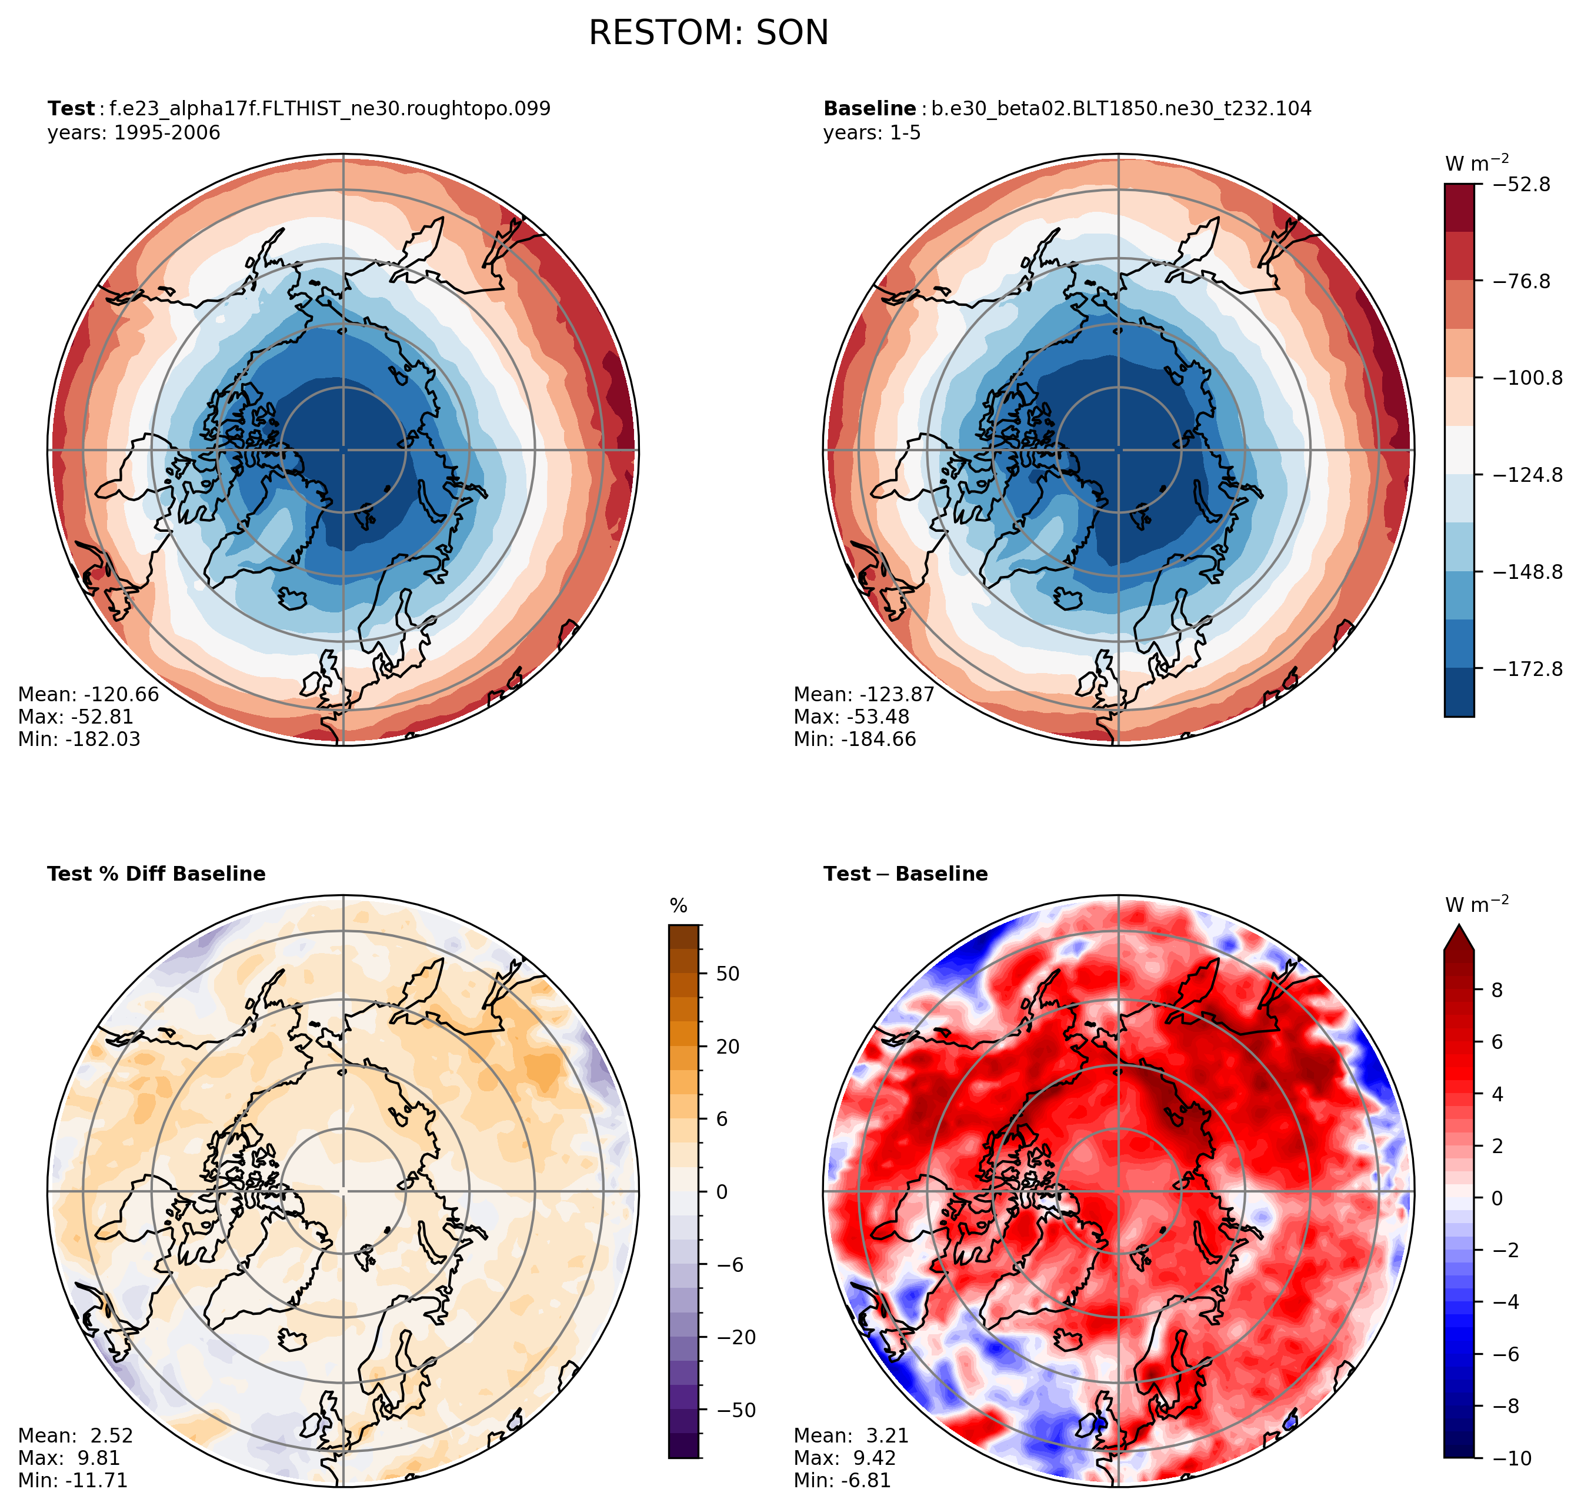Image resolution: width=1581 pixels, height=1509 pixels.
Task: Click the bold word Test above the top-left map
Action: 71,109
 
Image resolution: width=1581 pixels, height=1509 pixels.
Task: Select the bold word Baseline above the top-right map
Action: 869,109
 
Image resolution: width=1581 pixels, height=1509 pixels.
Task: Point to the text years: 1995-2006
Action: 134,133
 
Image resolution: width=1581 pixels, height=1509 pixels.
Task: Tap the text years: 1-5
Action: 872,133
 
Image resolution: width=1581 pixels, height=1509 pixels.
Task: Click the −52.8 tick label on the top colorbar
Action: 1520,184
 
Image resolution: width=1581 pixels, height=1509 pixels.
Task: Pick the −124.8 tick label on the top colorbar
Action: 1527,475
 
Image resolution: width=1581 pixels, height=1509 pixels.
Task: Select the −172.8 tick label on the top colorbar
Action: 1527,668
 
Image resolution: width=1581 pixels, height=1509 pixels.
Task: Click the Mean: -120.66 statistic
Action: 88,694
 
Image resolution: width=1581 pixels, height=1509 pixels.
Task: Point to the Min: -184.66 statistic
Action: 855,739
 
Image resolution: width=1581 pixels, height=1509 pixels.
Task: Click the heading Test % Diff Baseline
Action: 156,874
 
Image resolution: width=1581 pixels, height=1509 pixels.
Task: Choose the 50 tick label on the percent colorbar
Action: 728,973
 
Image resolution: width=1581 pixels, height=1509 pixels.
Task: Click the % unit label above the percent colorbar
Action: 679,907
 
